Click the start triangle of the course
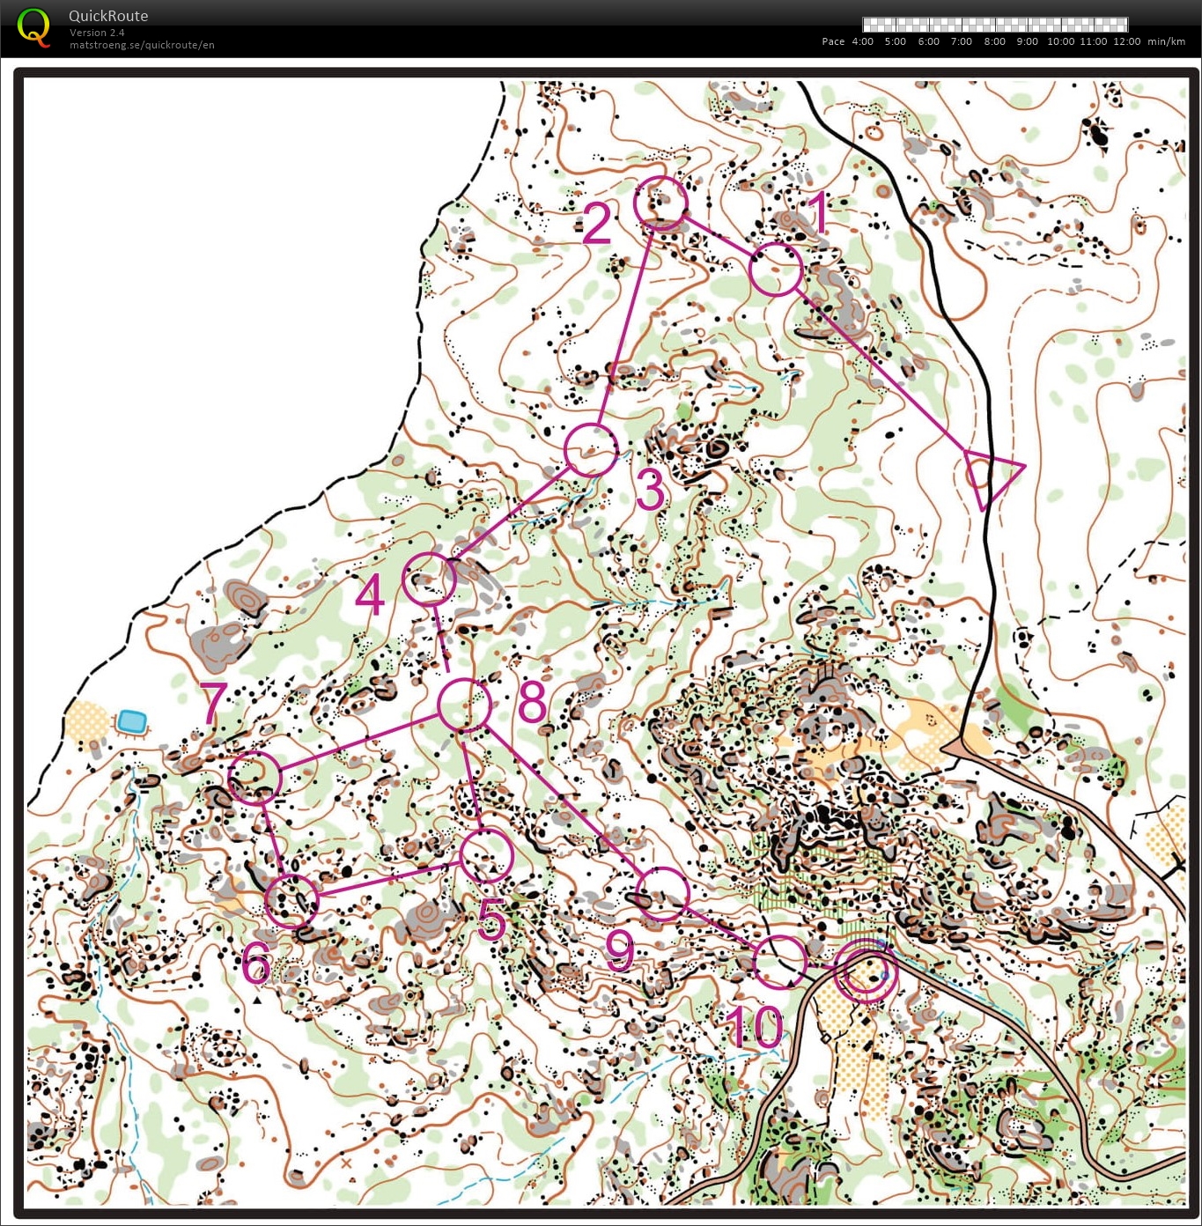click(988, 476)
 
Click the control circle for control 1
click(777, 270)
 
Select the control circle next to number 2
click(660, 203)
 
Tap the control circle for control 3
click(591, 450)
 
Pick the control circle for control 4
click(429, 579)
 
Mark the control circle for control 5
click(486, 855)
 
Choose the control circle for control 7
click(254, 778)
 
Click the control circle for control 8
click(464, 705)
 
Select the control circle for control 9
click(661, 894)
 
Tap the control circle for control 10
click(780, 962)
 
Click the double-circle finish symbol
click(866, 971)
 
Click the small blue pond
click(132, 721)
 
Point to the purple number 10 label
click(755, 1027)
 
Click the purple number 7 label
click(214, 702)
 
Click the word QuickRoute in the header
click(108, 16)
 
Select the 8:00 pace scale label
click(994, 41)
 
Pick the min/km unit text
click(1166, 41)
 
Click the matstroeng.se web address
click(142, 45)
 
